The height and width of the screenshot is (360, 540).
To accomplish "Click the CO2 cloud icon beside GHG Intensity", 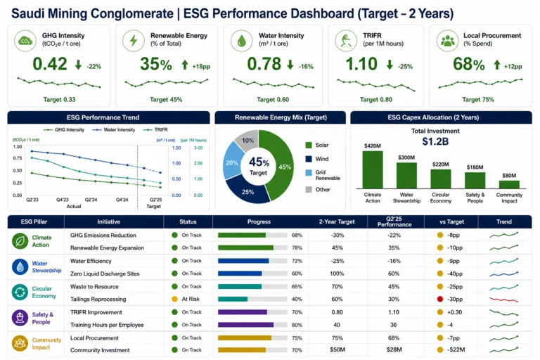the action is point(25,41).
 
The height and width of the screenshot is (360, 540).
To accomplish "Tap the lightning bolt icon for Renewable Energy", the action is point(134,41).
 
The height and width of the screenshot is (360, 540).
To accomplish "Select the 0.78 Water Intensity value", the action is point(264,64).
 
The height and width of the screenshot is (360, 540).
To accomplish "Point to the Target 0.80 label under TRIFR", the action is point(376,100).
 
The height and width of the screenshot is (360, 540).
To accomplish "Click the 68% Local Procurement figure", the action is point(469,65).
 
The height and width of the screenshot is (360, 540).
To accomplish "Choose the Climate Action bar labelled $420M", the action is point(372,169).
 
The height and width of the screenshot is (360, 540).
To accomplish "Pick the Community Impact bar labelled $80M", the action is point(509,184).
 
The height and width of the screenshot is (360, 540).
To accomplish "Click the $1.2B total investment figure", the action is point(435,141).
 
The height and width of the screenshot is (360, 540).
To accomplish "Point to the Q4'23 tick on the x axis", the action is point(63,200).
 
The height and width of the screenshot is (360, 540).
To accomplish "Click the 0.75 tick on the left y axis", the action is point(18,158).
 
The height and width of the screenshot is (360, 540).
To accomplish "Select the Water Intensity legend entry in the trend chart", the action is point(114,130).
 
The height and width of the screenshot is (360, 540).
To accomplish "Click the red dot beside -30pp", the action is point(439,299).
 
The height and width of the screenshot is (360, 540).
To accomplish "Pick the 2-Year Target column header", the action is point(337,222).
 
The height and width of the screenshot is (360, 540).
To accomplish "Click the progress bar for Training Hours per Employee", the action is point(252,325).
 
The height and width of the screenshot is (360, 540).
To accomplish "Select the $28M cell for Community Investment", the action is point(394,349).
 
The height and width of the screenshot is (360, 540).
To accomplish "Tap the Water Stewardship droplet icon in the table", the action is point(20,267).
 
